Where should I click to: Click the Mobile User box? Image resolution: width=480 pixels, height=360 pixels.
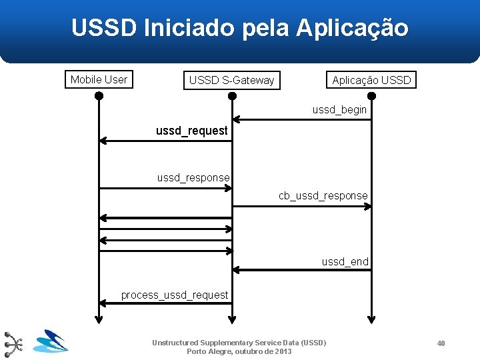coord(99,79)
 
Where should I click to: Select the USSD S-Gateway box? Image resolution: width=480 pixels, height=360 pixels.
coord(231,80)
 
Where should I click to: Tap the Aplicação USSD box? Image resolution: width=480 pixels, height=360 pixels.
coord(371,80)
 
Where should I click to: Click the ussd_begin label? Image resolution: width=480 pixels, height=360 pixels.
coord(339,109)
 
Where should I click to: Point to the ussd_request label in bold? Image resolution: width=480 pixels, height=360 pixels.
coord(191,131)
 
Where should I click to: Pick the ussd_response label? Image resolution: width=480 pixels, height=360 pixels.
coord(193,178)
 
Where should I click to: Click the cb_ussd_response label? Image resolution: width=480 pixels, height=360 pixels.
coord(323,195)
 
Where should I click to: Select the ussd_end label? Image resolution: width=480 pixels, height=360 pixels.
coord(345,262)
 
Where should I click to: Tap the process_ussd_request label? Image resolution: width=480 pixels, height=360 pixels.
coord(174,295)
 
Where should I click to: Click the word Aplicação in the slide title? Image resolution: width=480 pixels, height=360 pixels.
coord(352,28)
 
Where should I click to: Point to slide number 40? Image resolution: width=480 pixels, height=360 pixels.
coord(441,343)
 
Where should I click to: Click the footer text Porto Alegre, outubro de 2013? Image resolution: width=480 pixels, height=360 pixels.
coord(239,351)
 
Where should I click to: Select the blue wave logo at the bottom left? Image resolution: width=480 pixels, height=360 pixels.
coord(50,341)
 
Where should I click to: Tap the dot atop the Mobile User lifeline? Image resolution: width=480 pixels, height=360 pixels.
coord(99,95)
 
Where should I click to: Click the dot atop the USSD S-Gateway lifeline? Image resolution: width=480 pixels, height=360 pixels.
coord(232,95)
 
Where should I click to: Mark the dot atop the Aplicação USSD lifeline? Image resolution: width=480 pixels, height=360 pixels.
coord(371,95)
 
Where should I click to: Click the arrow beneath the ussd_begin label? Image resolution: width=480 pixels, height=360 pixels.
coord(302,120)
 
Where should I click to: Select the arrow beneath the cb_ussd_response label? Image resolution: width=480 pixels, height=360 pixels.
coord(302,207)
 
